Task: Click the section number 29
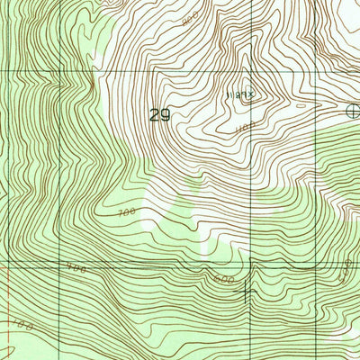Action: click(x=159, y=116)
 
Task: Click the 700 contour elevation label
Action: click(x=125, y=213)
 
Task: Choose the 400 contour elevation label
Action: click(x=76, y=268)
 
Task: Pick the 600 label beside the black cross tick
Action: click(x=224, y=280)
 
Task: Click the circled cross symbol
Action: click(x=354, y=111)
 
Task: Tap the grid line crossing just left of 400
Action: click(x=58, y=263)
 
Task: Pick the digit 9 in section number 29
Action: click(x=166, y=116)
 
